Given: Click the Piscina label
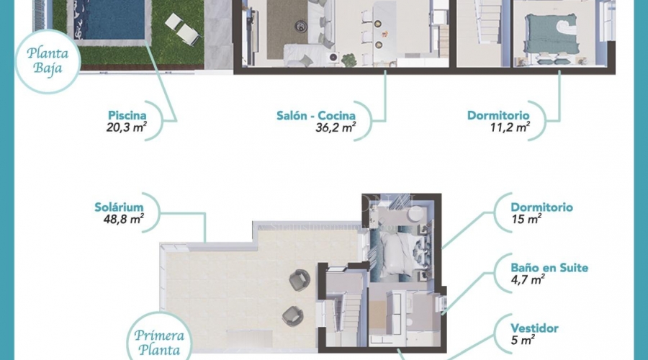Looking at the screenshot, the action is click(x=127, y=115).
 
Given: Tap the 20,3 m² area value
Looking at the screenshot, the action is click(x=127, y=127).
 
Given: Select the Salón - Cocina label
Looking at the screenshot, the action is click(x=316, y=115).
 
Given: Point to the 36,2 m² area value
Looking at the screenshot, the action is click(x=336, y=127).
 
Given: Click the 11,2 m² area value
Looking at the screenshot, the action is click(x=510, y=127).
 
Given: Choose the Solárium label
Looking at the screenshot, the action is click(x=119, y=207).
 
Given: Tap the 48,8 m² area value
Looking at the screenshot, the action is click(x=124, y=219).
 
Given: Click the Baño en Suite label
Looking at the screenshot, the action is click(x=549, y=268).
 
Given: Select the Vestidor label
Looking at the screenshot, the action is click(x=534, y=328).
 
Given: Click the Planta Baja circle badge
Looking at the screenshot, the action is click(x=48, y=61).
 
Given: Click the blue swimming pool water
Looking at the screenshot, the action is click(x=110, y=19).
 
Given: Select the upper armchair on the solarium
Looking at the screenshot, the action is click(x=300, y=280).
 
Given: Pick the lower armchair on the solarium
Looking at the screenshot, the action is click(x=293, y=316).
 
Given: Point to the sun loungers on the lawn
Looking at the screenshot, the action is click(x=184, y=29).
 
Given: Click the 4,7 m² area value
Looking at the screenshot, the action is click(x=527, y=279).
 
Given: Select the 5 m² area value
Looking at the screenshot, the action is click(x=523, y=340).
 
